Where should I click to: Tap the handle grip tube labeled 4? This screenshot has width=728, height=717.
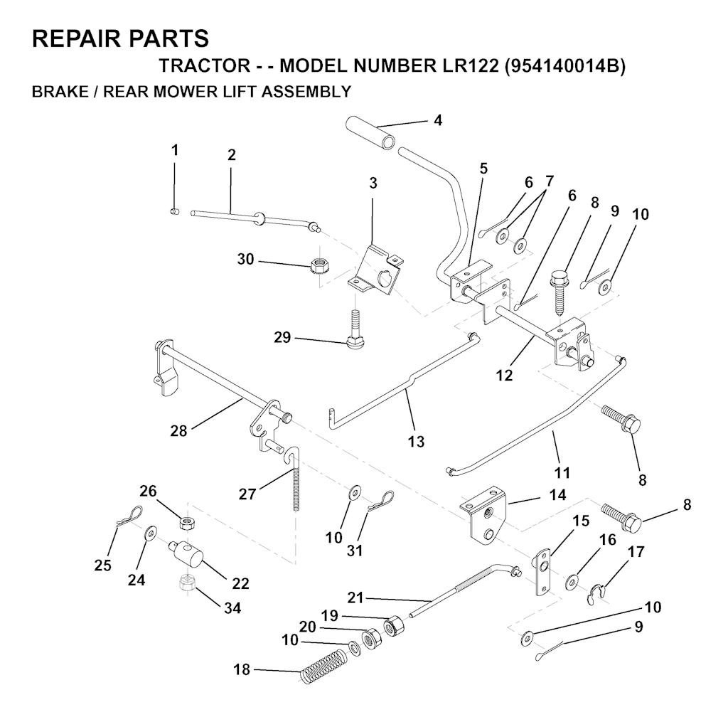pos(372,131)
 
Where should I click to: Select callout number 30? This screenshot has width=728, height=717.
pos(245,259)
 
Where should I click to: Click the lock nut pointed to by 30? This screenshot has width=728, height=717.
pos(317,266)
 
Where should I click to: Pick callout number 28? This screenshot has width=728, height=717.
pos(178,431)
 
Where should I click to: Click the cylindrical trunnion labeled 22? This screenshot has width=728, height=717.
pos(186,553)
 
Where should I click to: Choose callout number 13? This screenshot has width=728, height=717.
pos(416,441)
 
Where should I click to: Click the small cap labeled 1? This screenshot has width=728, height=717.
pos(175,212)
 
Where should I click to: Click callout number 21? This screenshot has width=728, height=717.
pos(355,597)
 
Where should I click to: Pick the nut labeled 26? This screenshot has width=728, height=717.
pos(187,524)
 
